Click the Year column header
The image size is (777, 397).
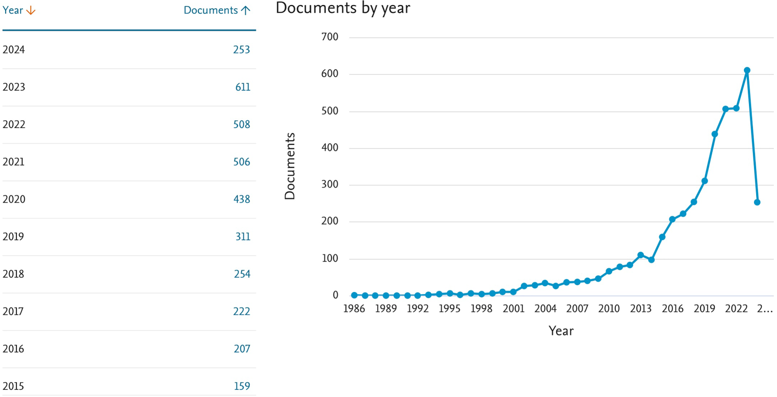[13, 10]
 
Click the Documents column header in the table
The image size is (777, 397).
[211, 10]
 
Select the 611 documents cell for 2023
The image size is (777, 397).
[243, 87]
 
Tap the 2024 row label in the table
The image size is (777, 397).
[14, 50]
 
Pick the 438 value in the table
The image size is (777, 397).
[242, 199]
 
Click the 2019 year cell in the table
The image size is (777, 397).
[14, 237]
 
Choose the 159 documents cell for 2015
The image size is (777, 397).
[242, 386]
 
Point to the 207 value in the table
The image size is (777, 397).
[242, 349]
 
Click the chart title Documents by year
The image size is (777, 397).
[343, 8]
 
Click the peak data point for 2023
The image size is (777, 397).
[747, 70]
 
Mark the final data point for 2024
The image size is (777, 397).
[757, 202]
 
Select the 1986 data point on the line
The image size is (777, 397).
[354, 295]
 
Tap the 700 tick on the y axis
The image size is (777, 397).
[329, 38]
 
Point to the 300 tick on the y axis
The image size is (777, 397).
[329, 185]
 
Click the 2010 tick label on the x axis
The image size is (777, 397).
[609, 309]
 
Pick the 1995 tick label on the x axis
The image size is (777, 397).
[450, 309]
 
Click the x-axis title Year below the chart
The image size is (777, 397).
[561, 331]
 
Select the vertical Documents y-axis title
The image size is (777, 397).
[290, 166]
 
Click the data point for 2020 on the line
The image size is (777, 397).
[715, 134]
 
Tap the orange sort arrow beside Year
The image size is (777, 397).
[31, 10]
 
